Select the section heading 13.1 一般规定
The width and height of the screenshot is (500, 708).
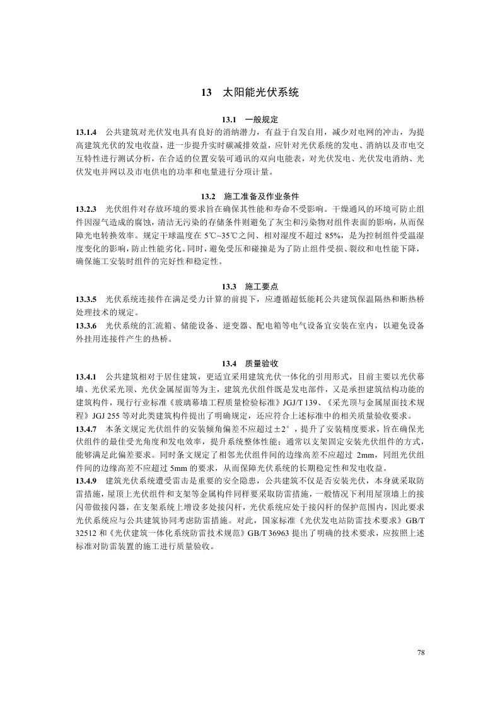tap(250, 120)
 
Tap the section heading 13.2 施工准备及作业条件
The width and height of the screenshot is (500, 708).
tap(250, 197)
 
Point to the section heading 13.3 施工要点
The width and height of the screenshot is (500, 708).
tap(250, 286)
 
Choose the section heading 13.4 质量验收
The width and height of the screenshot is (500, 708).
tap(250, 363)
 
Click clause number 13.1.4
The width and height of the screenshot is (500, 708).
tap(86, 132)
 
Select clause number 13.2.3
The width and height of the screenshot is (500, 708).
tap(86, 209)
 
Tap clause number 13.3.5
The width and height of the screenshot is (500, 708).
tap(86, 299)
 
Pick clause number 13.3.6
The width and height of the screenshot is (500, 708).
tap(86, 325)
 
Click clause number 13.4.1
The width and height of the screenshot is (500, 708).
tap(86, 376)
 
